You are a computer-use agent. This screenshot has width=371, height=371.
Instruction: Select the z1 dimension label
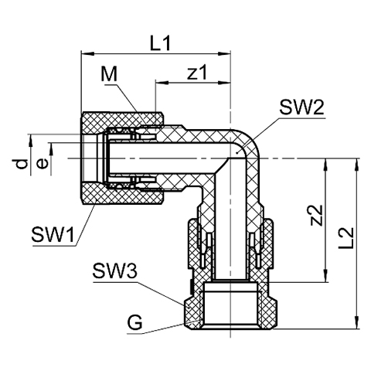[197, 73]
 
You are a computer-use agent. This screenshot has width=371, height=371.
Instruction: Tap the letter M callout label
[109, 74]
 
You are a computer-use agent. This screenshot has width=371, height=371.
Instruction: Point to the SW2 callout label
[301, 107]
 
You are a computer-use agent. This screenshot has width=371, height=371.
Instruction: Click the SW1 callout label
[53, 234]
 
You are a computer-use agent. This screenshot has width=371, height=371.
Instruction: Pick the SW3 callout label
[114, 271]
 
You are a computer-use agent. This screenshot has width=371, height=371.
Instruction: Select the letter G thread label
[135, 322]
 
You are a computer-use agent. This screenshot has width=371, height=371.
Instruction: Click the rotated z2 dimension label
[316, 215]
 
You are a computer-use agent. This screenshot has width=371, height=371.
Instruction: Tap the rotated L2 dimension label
[345, 238]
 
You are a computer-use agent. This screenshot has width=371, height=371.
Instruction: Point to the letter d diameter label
[19, 165]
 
